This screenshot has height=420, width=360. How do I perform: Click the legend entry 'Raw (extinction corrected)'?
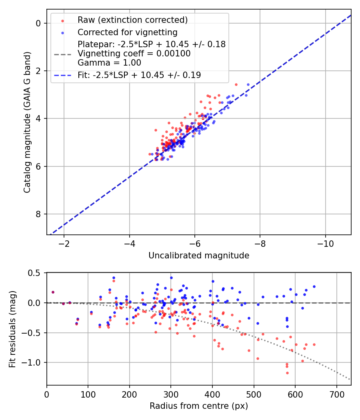pyautogui.click(x=132, y=20)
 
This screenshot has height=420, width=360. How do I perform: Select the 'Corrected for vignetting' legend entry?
pyautogui.click(x=128, y=32)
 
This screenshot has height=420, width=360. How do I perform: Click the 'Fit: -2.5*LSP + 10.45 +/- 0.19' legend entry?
pyautogui.click(x=139, y=75)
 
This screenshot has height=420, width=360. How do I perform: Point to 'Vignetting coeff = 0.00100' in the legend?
pyautogui.click(x=134, y=54)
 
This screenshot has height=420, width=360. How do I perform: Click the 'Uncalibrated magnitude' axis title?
pyautogui.click(x=199, y=256)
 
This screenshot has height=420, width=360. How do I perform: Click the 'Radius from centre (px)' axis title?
pyautogui.click(x=199, y=406)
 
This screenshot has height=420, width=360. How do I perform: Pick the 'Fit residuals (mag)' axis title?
pyautogui.click(x=13, y=328)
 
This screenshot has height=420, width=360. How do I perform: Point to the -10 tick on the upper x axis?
pyautogui.click(x=325, y=244)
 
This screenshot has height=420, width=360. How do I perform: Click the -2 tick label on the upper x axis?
pyautogui.click(x=64, y=244)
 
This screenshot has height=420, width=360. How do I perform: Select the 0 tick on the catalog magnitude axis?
pyautogui.click(x=38, y=23)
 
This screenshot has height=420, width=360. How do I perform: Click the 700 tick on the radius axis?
pyautogui.click(x=336, y=394)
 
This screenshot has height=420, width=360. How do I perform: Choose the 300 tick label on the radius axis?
pyautogui.click(x=171, y=394)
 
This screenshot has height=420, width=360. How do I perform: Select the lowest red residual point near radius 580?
pyautogui.click(x=287, y=373)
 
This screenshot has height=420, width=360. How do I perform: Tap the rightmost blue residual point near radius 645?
pyautogui.click(x=314, y=286)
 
